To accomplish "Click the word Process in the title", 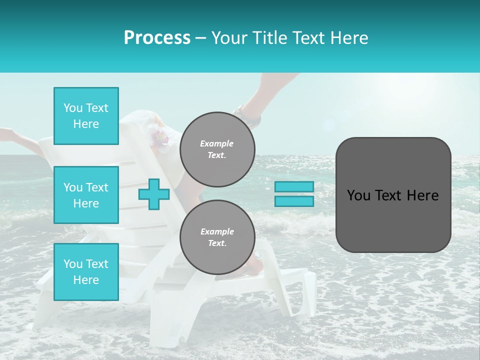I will point(157,38).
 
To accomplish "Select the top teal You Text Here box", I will point(86,116).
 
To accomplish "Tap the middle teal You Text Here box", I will point(86,195).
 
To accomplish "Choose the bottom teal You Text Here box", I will point(86,272).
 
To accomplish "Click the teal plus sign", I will point(154,194).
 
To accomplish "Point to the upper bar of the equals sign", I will point(294,186).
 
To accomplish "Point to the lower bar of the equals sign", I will point(294,201).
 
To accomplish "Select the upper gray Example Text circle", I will point(217,149).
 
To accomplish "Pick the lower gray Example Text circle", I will point(217,237).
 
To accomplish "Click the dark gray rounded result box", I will point(393,195).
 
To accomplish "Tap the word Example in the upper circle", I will point(217,143).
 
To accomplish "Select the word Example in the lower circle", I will point(217,231).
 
